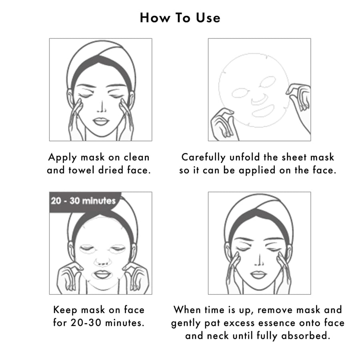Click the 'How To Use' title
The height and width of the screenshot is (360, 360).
pyautogui.click(x=180, y=18)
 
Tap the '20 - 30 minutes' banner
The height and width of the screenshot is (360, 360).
pyautogui.click(x=83, y=200)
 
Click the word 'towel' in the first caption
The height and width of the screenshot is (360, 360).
pyautogui.click(x=80, y=170)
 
